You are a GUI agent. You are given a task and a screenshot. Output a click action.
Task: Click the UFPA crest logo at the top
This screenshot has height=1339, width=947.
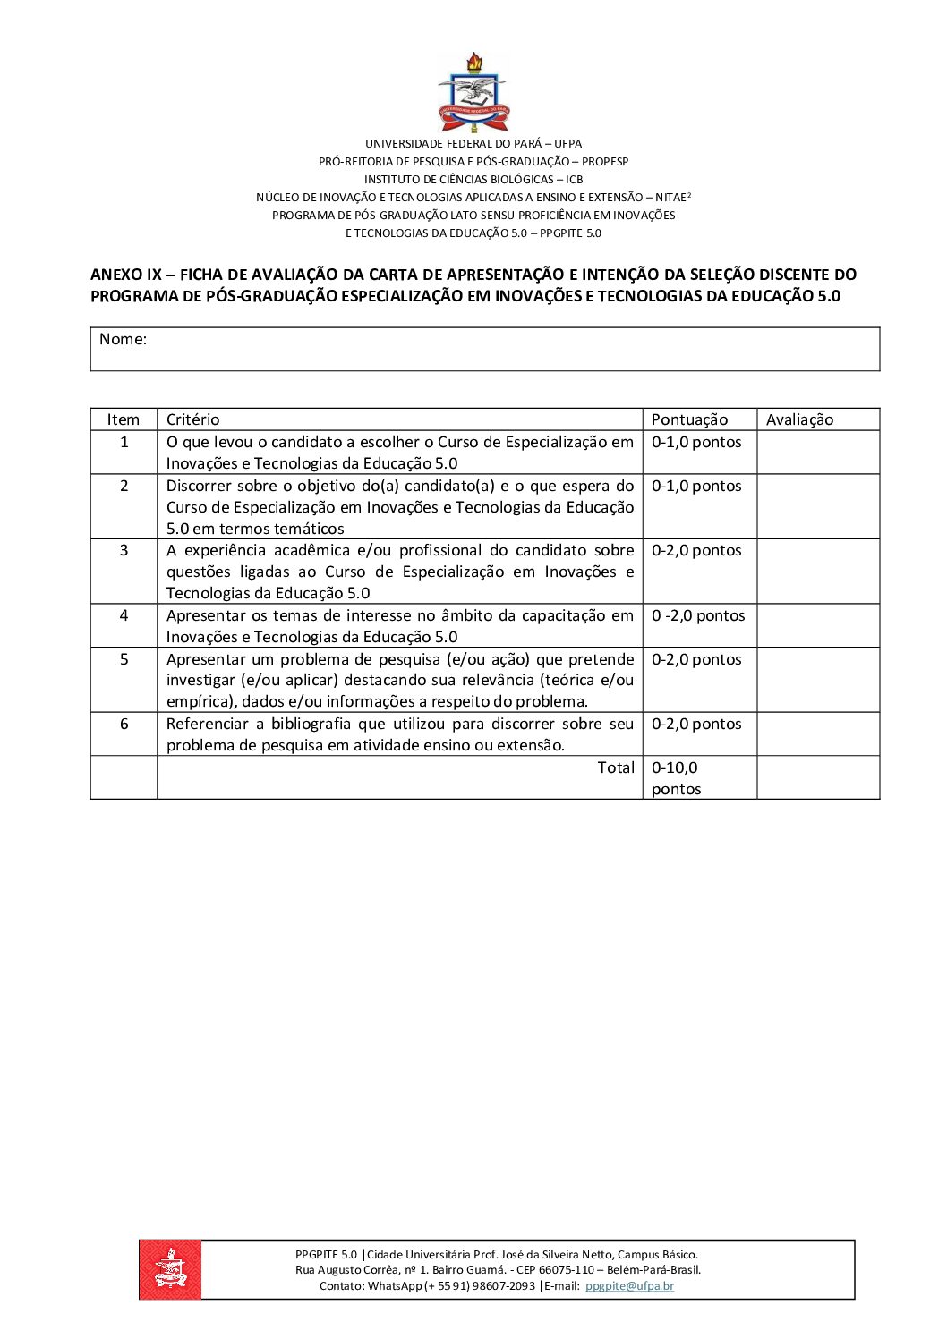click(x=473, y=92)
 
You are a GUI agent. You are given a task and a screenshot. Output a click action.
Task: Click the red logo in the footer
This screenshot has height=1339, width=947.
click(x=170, y=1268)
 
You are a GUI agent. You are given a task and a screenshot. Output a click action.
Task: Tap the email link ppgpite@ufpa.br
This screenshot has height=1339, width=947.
click(x=629, y=1285)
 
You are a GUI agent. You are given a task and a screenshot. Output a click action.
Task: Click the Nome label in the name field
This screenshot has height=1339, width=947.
click(x=123, y=339)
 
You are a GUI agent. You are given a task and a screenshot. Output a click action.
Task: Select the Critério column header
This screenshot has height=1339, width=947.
click(x=192, y=419)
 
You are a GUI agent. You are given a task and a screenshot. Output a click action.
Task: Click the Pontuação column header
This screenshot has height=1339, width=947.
click(x=689, y=419)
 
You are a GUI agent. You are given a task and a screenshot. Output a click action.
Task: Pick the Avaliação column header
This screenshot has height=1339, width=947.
click(x=799, y=419)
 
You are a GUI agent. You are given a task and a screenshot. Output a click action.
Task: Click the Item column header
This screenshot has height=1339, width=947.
click(x=124, y=419)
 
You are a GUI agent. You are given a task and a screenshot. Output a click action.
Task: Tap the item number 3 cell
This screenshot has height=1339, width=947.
click(x=124, y=550)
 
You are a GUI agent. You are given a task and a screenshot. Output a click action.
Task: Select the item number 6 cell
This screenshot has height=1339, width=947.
click(x=124, y=724)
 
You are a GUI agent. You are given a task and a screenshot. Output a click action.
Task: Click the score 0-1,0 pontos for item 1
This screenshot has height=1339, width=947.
click(x=696, y=442)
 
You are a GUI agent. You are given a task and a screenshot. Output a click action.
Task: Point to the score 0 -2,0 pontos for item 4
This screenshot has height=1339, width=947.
click(x=698, y=615)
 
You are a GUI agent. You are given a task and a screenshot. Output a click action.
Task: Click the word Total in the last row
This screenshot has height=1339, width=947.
click(x=616, y=767)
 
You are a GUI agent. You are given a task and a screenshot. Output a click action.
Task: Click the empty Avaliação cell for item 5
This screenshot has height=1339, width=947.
click(x=817, y=680)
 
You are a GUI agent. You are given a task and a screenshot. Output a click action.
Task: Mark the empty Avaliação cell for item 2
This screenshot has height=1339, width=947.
click(x=817, y=506)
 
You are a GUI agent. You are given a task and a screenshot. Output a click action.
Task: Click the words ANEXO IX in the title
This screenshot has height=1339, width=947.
click(x=126, y=275)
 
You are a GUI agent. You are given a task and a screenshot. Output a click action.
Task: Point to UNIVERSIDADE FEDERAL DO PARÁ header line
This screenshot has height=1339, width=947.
click(x=473, y=143)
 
